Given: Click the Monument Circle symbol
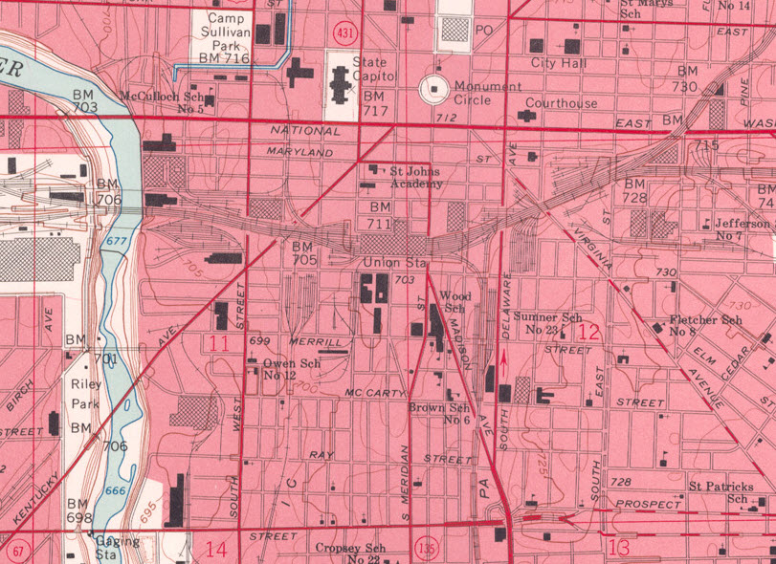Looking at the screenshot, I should pos(436,89).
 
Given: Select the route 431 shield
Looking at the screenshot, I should pos(345,33).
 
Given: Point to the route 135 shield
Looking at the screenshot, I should pos(427,549).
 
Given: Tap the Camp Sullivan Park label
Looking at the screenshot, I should pos(225,38).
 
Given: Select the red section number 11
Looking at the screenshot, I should pos(219,343).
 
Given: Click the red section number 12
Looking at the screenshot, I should pos(588,332).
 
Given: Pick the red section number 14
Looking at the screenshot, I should pos(216,550).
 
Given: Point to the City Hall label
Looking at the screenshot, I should pos(559,63).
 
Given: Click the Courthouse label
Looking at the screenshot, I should pos(562,103).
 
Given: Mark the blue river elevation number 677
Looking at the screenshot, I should pos(116,242).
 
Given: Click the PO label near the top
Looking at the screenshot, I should pos(483,31).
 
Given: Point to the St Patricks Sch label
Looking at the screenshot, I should pos(720,493).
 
